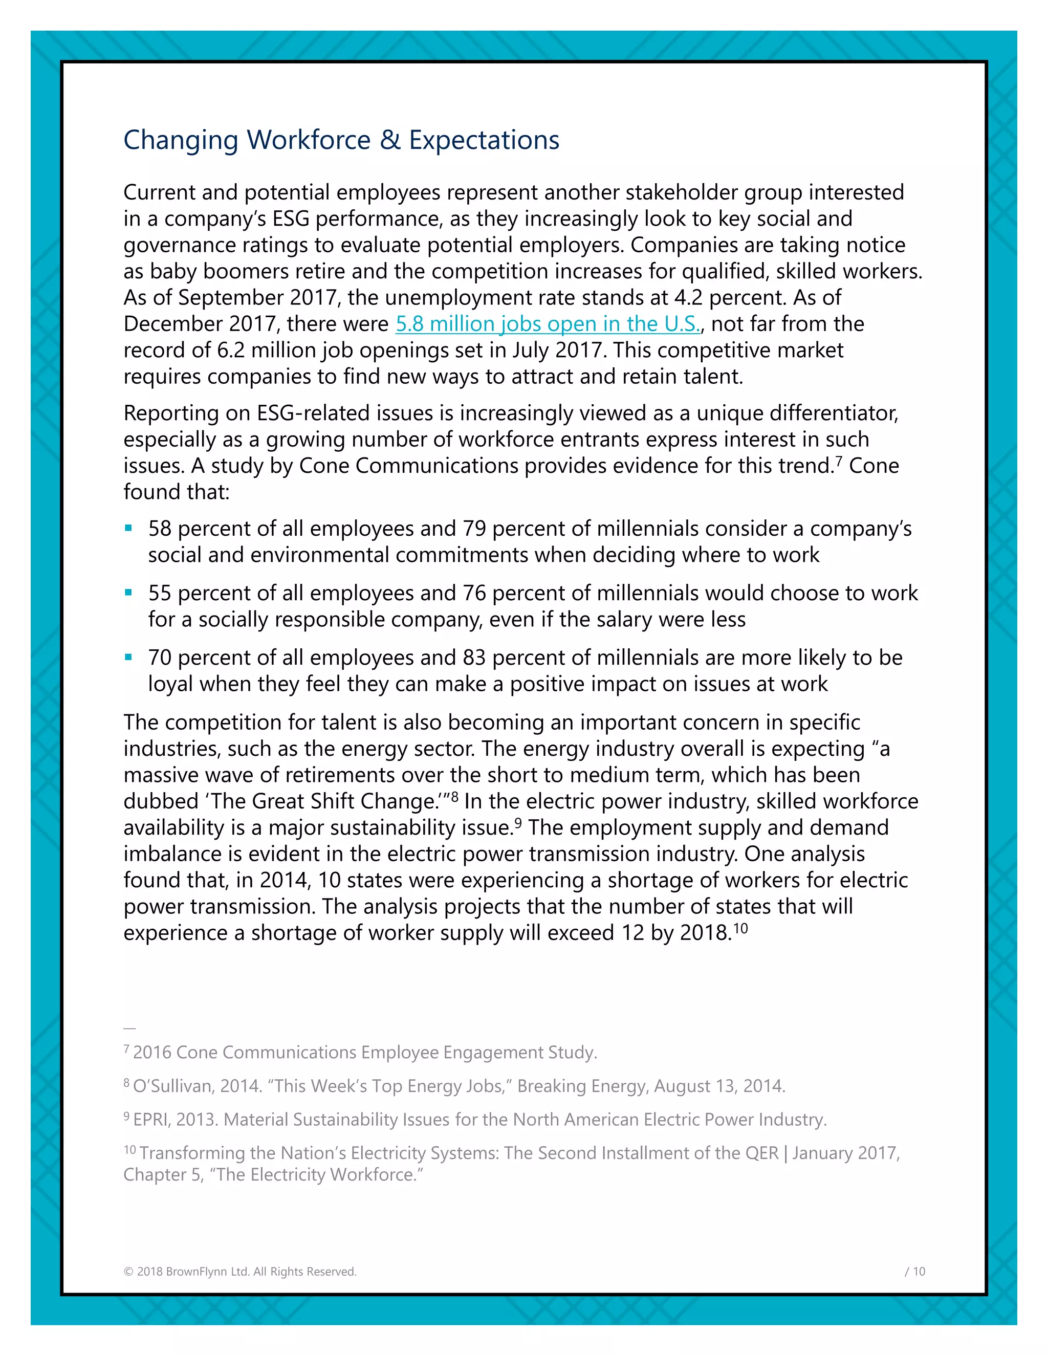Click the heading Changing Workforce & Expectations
[x=341, y=140]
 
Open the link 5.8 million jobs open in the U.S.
[x=548, y=324]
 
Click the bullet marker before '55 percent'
[x=128, y=593]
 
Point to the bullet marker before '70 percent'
[x=128, y=658]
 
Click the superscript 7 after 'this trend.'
[x=839, y=461]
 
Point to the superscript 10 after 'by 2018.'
[x=740, y=928]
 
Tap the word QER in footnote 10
[x=762, y=1153]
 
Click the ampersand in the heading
[x=390, y=140]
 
